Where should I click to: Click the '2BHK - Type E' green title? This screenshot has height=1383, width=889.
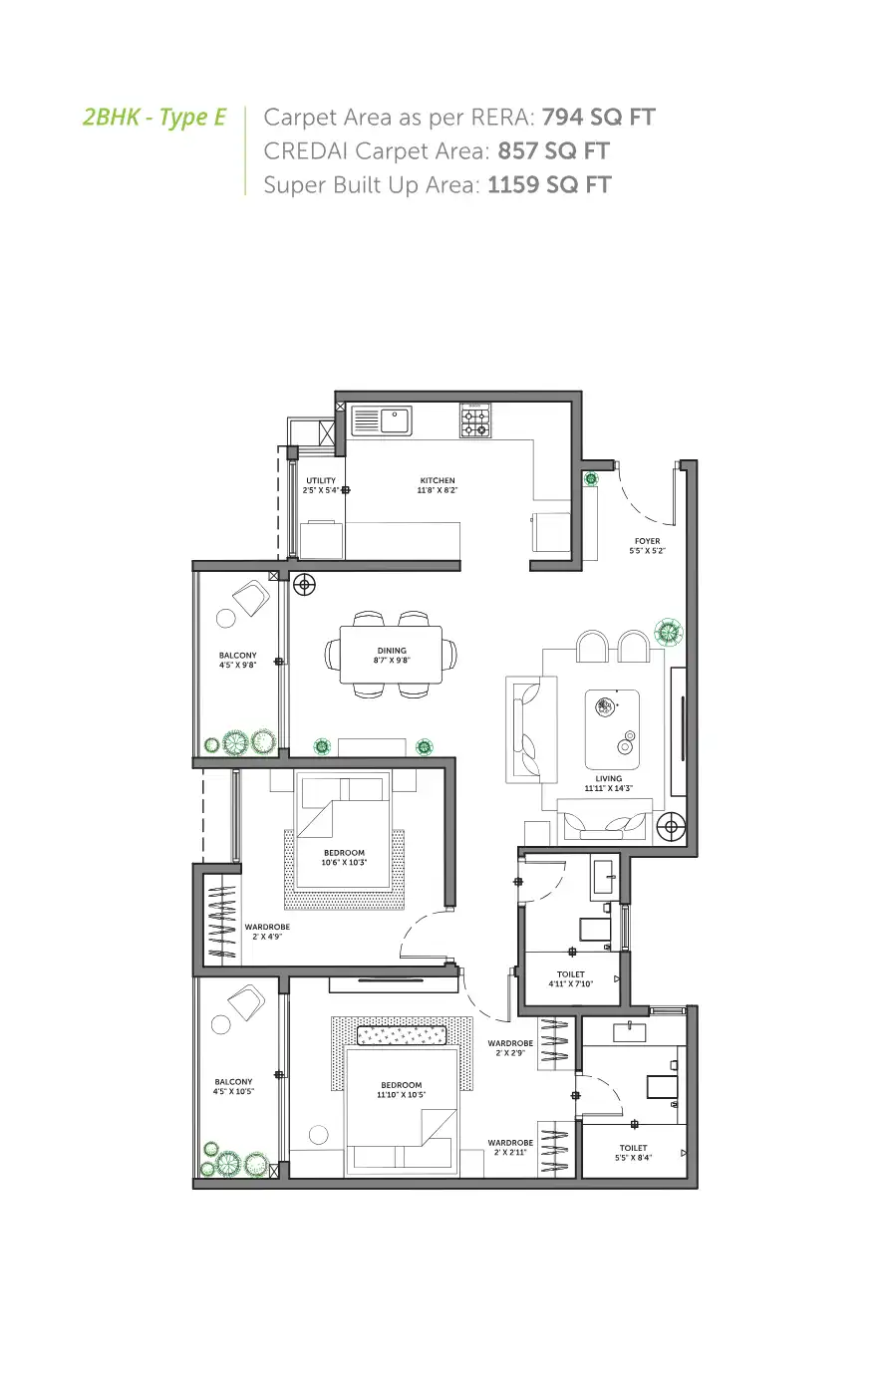[x=154, y=118]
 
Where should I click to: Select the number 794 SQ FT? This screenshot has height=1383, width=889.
[x=598, y=118]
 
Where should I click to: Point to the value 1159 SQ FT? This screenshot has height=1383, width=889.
[x=549, y=185]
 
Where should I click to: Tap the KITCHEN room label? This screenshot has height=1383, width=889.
[x=438, y=481]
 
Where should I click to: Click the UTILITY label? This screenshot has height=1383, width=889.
[x=321, y=481]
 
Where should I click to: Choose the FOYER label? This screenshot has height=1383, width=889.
[x=647, y=542]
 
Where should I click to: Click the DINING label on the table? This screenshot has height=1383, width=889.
[x=392, y=651]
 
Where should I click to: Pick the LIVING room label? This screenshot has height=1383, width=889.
[x=608, y=779]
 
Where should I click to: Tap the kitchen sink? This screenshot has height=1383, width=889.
[x=382, y=420]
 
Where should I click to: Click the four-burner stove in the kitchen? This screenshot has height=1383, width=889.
[x=475, y=420]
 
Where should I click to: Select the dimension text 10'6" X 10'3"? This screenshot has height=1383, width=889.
[x=344, y=863]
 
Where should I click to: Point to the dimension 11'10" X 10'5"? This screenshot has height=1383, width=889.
[x=401, y=1095]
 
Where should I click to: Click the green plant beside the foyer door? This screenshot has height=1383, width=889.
[x=591, y=479]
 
